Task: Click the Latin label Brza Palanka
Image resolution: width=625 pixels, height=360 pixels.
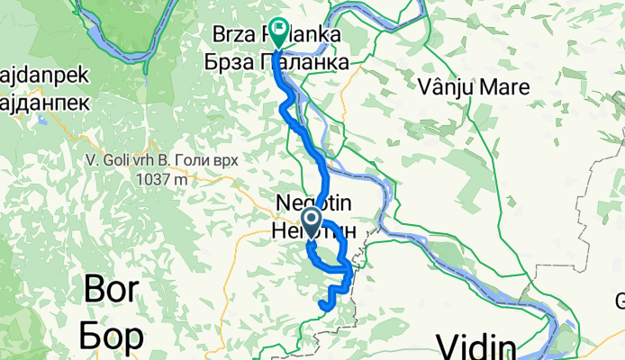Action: (263, 35)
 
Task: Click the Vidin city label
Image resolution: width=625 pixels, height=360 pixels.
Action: (476, 346)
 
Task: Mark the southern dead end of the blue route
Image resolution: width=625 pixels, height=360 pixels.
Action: (322, 307)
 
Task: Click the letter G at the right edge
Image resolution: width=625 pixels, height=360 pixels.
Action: (620, 301)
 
